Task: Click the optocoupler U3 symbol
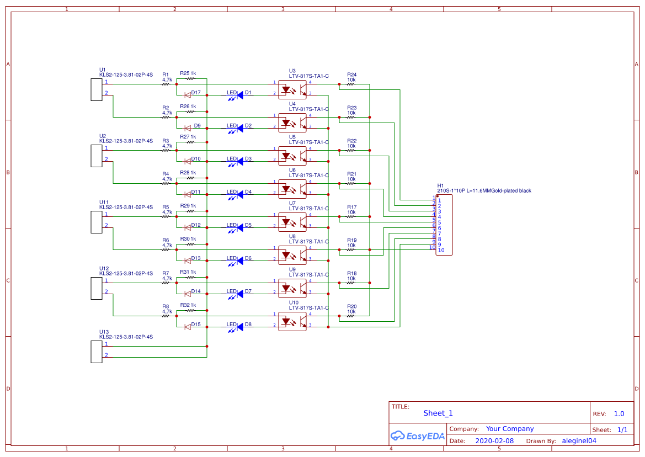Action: pyautogui.click(x=292, y=89)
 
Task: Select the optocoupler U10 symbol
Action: pyautogui.click(x=292, y=321)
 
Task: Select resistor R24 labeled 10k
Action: pyautogui.click(x=351, y=84)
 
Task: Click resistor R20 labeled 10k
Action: pyautogui.click(x=351, y=316)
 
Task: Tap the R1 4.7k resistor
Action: pyautogui.click(x=167, y=84)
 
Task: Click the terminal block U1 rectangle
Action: pyautogui.click(x=97, y=89)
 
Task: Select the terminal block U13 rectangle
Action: pyautogui.click(x=97, y=352)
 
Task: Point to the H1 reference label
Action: pyautogui.click(x=440, y=185)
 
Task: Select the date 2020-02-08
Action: pyautogui.click(x=494, y=441)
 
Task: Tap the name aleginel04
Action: pyautogui.click(x=579, y=441)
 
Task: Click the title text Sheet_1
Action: pyautogui.click(x=438, y=413)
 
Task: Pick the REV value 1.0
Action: pyautogui.click(x=619, y=414)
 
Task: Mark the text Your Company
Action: pyautogui.click(x=510, y=429)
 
